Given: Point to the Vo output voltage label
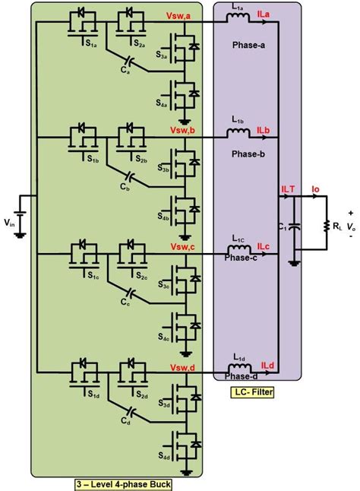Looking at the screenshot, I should [350, 226].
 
